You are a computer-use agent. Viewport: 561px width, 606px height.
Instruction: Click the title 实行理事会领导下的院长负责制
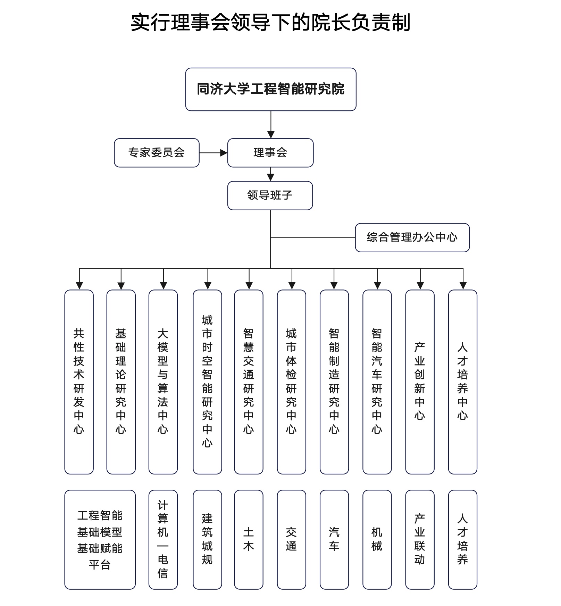tap(270, 23)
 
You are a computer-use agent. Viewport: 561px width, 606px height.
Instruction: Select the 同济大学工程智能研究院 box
tap(271, 89)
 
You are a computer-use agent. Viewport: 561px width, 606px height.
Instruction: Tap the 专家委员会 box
tap(157, 153)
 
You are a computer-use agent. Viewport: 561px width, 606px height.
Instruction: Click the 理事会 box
tap(270, 153)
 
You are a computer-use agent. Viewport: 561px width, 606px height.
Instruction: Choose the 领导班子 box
tap(270, 195)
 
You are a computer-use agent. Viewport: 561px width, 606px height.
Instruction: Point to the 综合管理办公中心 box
tap(412, 237)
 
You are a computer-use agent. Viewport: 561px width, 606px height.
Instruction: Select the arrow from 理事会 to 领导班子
tap(270, 174)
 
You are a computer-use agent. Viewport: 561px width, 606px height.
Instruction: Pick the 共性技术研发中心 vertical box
tap(79, 382)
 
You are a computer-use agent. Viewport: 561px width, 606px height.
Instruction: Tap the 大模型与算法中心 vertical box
tap(163, 382)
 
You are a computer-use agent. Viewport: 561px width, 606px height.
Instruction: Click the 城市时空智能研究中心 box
tap(207, 382)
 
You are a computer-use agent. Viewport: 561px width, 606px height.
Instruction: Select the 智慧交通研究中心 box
tap(249, 382)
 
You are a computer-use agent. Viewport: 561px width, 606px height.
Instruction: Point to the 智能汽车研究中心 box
tap(377, 382)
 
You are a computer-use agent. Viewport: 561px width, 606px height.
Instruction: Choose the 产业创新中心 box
tap(420, 382)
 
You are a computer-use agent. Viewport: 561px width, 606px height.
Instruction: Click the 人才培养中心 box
tap(462, 382)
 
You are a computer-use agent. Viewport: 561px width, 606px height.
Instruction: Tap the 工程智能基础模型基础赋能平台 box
tap(100, 539)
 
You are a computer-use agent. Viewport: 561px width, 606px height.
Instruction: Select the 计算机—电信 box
tap(163, 539)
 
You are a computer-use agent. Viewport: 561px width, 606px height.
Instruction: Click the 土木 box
tap(249, 539)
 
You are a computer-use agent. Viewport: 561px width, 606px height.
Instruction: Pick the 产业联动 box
tap(420, 539)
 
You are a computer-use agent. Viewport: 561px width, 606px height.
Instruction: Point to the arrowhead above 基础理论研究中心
tap(121, 286)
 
